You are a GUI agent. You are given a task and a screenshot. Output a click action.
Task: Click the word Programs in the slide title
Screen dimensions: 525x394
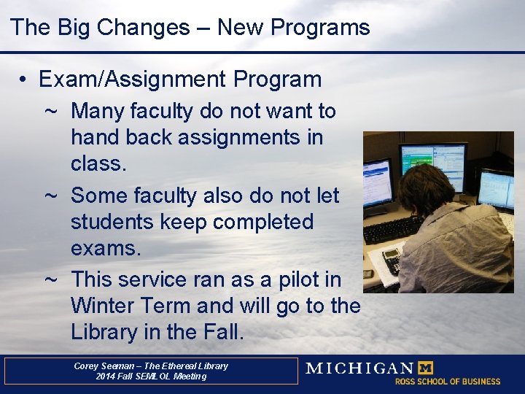coord(320,28)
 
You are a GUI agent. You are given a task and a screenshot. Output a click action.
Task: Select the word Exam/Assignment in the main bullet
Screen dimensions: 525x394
coord(132,80)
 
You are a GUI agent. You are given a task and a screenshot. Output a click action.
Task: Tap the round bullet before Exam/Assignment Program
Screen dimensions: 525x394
coord(23,80)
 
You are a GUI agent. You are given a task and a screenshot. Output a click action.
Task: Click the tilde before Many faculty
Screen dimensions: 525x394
coord(50,111)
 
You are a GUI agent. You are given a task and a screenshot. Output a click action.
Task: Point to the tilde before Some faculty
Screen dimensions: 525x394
coord(50,196)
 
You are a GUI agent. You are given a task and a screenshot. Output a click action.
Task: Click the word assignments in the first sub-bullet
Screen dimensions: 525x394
coord(238,138)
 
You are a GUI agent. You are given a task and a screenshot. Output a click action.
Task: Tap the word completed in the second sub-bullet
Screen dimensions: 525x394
coord(263,223)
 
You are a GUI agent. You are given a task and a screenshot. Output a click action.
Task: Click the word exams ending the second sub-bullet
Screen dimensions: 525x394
coord(102,248)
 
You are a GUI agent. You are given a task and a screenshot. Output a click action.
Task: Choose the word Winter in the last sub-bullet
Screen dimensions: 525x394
coord(103,305)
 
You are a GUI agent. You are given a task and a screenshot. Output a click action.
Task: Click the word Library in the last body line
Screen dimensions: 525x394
coord(104,332)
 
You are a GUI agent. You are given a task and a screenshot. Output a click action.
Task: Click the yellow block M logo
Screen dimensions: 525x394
coord(426,368)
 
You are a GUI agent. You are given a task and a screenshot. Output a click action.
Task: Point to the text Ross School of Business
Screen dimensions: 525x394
coord(448,382)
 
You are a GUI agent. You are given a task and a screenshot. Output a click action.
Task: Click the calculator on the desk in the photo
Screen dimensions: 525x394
coord(392,261)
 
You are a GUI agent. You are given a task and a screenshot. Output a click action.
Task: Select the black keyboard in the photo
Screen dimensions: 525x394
coord(392,230)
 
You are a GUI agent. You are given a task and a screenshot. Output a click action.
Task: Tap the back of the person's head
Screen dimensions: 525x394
coord(425,188)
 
